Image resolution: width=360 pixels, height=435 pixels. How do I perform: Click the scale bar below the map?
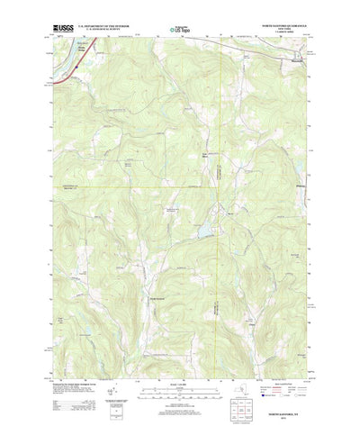pyautogui.click(x=179, y=369)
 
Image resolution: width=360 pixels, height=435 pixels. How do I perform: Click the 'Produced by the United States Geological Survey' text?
pyautogui.click(x=72, y=359)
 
